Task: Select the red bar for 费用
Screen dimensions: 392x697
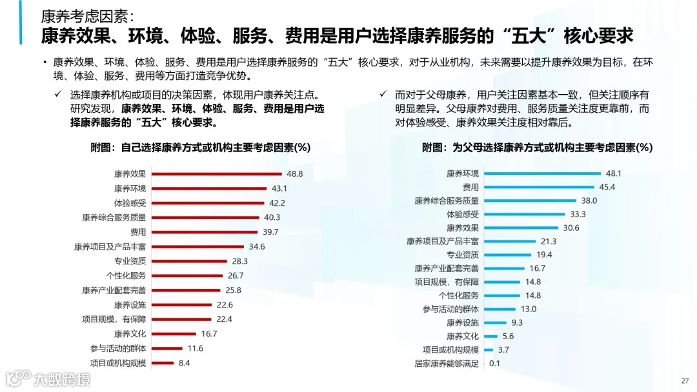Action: (204, 232)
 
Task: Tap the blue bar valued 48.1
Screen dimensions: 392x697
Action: (542, 174)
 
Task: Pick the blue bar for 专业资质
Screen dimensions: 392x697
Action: (507, 255)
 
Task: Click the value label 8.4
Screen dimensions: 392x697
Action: (184, 363)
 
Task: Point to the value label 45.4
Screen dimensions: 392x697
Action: (607, 188)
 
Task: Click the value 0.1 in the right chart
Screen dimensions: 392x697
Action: (495, 363)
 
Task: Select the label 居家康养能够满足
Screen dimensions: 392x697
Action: (447, 363)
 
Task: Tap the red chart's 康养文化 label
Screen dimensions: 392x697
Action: (130, 334)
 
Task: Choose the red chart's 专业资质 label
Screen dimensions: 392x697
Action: (130, 261)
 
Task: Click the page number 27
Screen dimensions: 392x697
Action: (685, 380)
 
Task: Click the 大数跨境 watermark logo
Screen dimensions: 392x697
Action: (48, 378)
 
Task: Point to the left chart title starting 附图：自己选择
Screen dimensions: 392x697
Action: (201, 148)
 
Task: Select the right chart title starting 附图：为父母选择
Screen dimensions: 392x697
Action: (538, 148)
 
